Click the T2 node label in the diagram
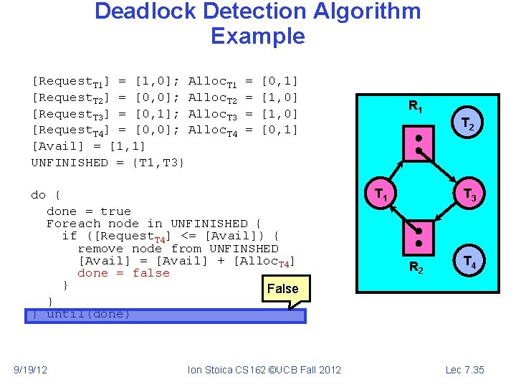click(467, 125)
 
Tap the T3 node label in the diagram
click(469, 194)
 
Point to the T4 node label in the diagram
click(469, 262)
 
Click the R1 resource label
click(415, 106)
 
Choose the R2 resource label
click(415, 269)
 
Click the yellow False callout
click(282, 290)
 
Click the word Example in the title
click(258, 36)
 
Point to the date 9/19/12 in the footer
click(31, 370)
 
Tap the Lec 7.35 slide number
click(465, 370)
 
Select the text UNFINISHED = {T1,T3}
click(108, 163)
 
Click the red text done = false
click(123, 273)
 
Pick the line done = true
click(88, 211)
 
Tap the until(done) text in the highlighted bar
click(88, 315)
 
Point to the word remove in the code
click(101, 249)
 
